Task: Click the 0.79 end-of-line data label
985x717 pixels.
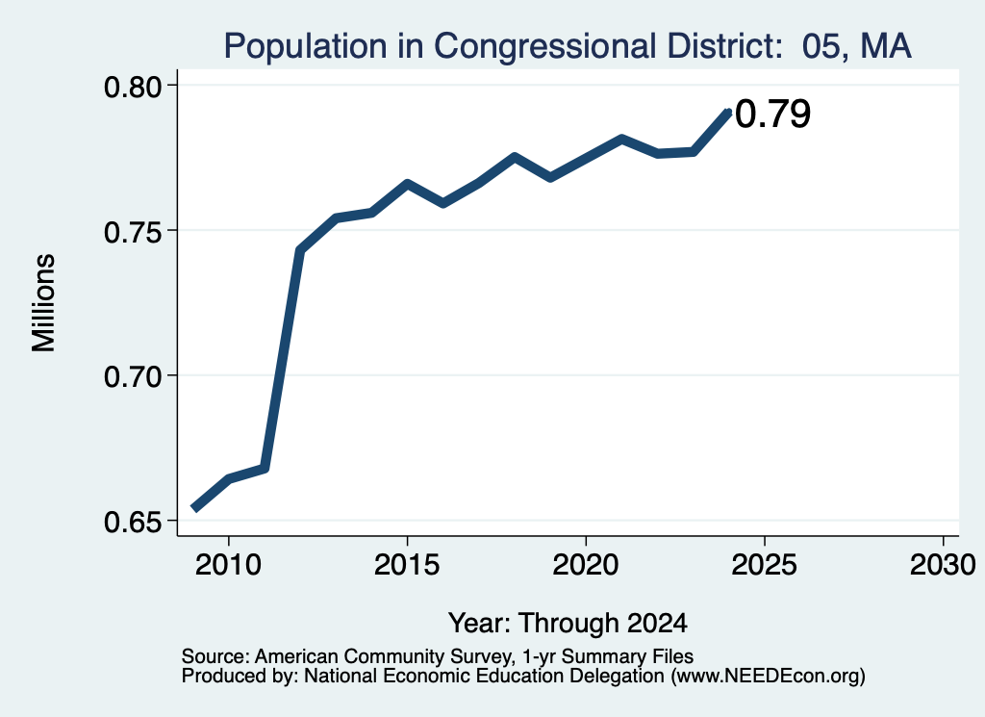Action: [x=772, y=114]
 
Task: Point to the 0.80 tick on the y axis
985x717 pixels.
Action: [x=133, y=87]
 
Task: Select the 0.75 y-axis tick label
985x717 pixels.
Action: [x=133, y=233]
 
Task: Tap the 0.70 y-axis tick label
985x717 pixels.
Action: [x=133, y=377]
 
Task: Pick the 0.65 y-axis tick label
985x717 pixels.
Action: [x=133, y=523]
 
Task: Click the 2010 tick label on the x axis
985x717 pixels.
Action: [x=228, y=564]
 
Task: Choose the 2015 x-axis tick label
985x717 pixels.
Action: [x=407, y=564]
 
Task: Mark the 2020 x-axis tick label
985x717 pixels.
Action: [x=586, y=564]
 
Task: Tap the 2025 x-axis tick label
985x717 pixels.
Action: [x=765, y=564]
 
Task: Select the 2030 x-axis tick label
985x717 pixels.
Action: [x=943, y=564]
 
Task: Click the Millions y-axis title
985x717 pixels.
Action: [x=44, y=303]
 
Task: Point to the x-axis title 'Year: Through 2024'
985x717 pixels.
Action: [x=568, y=624]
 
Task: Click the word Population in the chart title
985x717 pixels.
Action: [x=306, y=46]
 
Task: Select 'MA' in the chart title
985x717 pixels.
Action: [x=886, y=46]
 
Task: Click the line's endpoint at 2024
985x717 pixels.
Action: [x=729, y=112]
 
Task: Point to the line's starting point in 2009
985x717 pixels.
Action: [x=194, y=508]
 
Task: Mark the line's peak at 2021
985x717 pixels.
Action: [x=621, y=139]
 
